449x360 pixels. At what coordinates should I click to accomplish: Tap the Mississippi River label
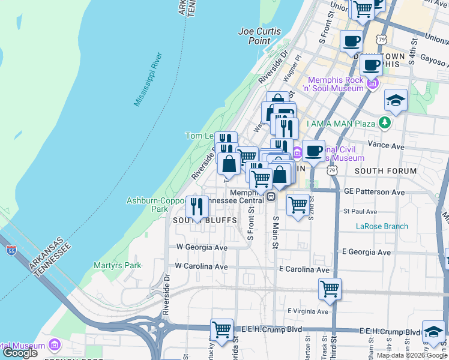tap(148, 79)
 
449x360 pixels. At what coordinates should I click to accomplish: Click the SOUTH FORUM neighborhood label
tap(385, 171)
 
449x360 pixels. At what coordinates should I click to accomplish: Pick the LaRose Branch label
tap(382, 226)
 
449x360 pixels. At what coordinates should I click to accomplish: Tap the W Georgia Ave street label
tap(202, 247)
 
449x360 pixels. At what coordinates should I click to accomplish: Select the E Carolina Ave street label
tap(304, 270)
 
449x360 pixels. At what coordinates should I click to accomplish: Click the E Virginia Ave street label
tap(308, 311)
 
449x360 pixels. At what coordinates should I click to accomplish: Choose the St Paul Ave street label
tap(360, 212)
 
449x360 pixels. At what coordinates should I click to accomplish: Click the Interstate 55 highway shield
tap(11, 251)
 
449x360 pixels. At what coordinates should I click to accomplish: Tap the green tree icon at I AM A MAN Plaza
tap(384, 124)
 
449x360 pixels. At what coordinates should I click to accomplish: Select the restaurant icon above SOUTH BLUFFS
tap(197, 207)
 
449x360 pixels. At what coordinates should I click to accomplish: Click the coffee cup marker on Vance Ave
tap(313, 151)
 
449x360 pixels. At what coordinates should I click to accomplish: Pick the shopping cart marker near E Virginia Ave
tap(330, 289)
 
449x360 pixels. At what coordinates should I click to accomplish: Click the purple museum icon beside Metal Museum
tap(55, 346)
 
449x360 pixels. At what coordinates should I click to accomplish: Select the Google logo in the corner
tap(20, 352)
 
